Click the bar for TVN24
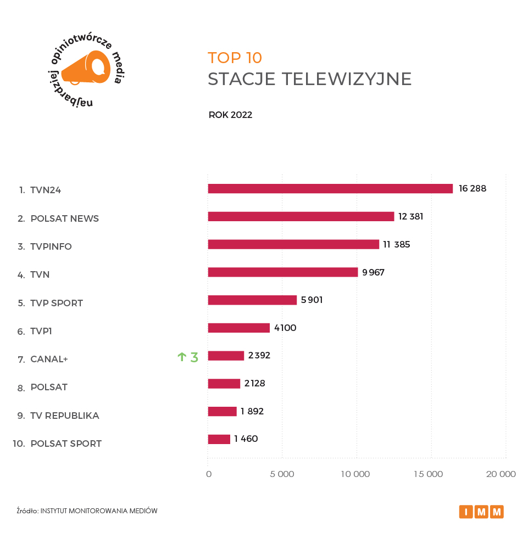[330, 189]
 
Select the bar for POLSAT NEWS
[301, 216]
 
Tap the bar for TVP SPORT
[252, 300]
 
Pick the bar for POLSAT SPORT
[219, 439]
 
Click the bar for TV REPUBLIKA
[222, 411]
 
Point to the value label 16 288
[473, 189]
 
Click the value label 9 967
[373, 272]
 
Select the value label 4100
[285, 328]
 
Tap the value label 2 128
[255, 384]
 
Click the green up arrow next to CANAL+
[182, 357]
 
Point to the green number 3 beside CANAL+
[194, 357]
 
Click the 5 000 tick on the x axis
[282, 474]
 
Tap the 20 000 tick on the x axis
[501, 474]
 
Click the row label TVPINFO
[51, 246]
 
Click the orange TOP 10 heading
[235, 58]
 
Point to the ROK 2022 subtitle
[230, 115]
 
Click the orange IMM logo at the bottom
[481, 512]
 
